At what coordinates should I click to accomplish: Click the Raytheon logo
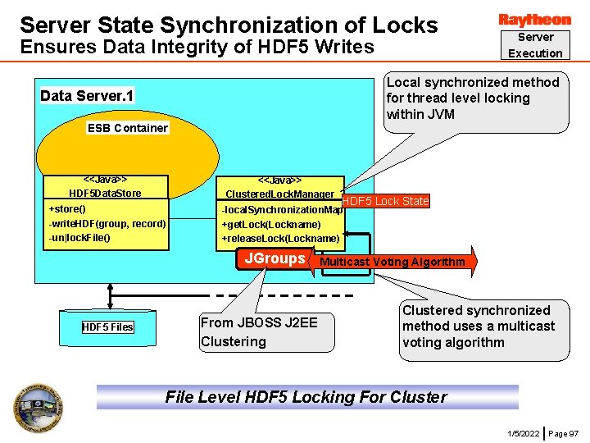pos(534,19)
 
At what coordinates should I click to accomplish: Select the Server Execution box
pos(535,45)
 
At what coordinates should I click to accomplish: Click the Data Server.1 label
pos(87,96)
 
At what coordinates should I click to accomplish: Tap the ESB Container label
pos(128,127)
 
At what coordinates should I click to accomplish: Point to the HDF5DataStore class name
pos(105,193)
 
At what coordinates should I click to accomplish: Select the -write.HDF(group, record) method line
pos(107,223)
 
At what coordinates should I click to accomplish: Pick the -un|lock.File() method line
pos(79,238)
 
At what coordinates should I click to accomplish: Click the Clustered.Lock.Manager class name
pos(279,194)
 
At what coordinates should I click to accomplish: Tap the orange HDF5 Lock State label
pos(385,201)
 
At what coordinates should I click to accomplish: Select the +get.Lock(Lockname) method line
pos(271,224)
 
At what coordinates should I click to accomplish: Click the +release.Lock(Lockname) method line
pos(280,239)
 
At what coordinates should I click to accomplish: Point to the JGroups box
pos(275,259)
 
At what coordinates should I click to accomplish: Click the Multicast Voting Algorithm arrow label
pos(392,263)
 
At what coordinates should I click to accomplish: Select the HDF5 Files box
pos(107,327)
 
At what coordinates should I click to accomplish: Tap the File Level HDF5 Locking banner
pos(306,397)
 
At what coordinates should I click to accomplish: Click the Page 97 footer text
pos(564,432)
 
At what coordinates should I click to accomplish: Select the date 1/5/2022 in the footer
pos(524,432)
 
